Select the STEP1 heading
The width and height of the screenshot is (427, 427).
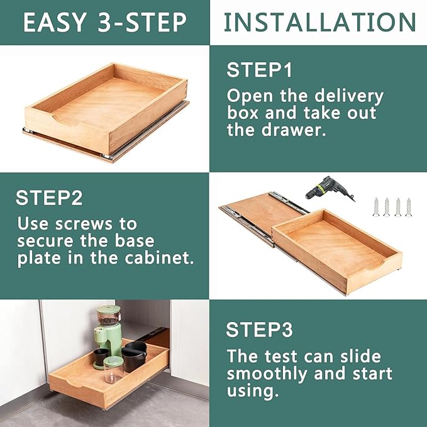coord(260,70)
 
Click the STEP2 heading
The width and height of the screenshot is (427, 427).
coord(49,198)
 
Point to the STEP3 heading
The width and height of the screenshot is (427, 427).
coord(260,330)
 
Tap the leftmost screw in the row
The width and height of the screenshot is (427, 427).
coord(376,207)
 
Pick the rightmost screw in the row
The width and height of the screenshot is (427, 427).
coord(409,207)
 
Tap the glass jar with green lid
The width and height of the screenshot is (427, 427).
coord(113,370)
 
